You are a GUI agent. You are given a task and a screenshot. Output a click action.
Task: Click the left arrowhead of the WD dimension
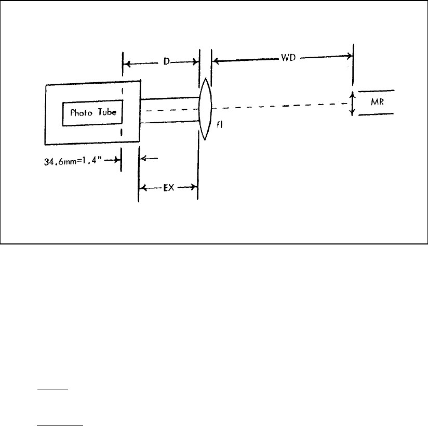(216, 61)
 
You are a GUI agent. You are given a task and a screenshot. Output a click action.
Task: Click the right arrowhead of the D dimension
(195, 62)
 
